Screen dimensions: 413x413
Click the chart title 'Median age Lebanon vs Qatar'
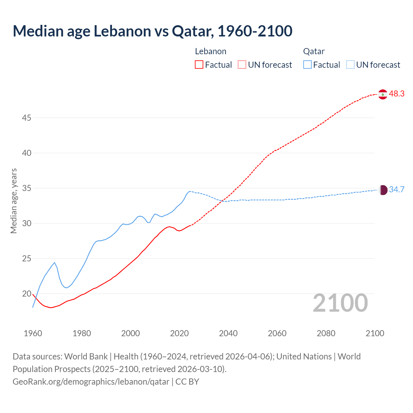[152, 31]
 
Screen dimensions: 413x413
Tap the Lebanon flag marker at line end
[383, 94]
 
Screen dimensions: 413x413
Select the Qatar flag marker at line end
[383, 190]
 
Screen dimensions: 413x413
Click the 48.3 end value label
[397, 94]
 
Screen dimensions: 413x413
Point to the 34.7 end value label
[397, 189]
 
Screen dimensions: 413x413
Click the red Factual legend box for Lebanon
[199, 65]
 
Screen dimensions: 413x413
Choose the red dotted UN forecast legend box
[242, 65]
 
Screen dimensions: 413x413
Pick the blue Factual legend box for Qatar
[307, 65]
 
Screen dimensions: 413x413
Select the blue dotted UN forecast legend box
[350, 65]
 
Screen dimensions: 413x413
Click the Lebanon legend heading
[211, 51]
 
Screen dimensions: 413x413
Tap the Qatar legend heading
[314, 51]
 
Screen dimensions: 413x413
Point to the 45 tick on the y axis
[26, 118]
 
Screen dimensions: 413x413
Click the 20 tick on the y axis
[26, 294]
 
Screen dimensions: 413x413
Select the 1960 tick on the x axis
[33, 333]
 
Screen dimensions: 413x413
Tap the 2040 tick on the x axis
[228, 333]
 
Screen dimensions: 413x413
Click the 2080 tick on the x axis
[326, 333]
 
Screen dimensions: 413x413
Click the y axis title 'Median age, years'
[14, 201]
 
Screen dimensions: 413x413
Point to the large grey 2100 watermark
[340, 303]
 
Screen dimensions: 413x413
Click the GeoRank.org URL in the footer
[91, 382]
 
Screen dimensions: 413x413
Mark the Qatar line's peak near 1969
[55, 263]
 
